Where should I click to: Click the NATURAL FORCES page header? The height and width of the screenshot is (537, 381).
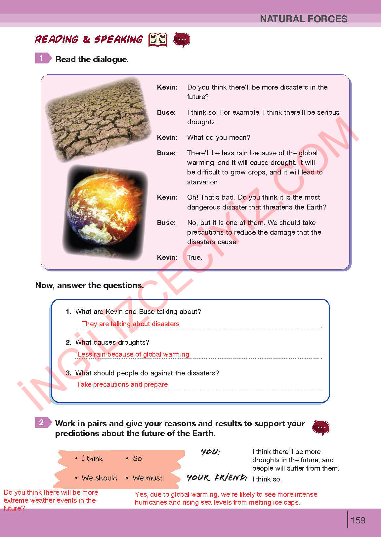pos(303,19)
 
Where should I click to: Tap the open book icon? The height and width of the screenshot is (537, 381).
pos(158,40)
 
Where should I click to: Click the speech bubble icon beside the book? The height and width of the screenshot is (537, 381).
pos(182,40)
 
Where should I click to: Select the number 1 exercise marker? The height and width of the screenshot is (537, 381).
pos(42,58)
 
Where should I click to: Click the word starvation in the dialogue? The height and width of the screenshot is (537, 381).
pos(203,182)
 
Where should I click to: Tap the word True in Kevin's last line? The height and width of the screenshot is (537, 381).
pos(194,257)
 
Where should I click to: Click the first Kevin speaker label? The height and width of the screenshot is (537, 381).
pos(167,87)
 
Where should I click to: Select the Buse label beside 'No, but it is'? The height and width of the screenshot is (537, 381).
pos(166,223)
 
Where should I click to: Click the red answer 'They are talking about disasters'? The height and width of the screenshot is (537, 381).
pos(131,324)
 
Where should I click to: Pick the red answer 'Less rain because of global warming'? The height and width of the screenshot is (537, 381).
pos(133,354)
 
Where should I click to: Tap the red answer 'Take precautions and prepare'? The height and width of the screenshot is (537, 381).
pos(122,384)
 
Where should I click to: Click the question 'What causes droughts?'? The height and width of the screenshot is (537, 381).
pos(112,342)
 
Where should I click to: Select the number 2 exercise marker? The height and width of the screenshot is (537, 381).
pos(42,423)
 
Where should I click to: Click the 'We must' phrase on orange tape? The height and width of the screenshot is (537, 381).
pos(148,478)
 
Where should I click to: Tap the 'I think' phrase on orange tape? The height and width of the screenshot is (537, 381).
pos(92,458)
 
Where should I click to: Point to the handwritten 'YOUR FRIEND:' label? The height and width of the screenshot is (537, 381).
pos(217,478)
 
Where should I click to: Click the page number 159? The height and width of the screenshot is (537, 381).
pos(358,520)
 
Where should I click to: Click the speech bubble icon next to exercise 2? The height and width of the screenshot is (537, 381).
pos(320,428)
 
